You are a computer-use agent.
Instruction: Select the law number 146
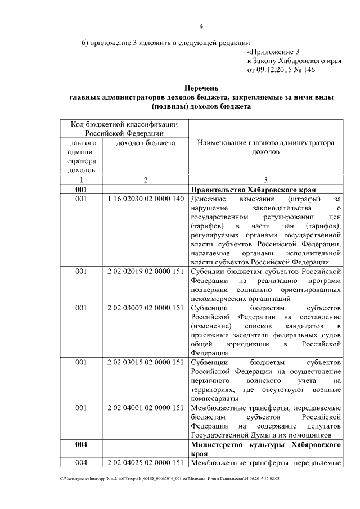pyautogui.click(x=309, y=70)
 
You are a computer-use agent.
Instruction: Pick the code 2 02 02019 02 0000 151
pyautogui.click(x=145, y=272)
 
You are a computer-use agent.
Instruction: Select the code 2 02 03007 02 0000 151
pyautogui.click(x=145, y=309)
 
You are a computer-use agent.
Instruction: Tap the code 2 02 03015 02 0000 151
pyautogui.click(x=145, y=363)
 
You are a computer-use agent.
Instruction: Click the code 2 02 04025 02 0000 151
pyautogui.click(x=145, y=463)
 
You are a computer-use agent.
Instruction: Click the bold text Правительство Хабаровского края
pyautogui.click(x=253, y=190)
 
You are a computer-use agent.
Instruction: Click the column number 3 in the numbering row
pyautogui.click(x=265, y=180)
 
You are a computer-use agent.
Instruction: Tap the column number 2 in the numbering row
pyautogui.click(x=145, y=180)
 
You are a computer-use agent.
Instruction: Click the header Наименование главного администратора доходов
pyautogui.click(x=265, y=147)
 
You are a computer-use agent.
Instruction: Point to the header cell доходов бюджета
pyautogui.click(x=145, y=143)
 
